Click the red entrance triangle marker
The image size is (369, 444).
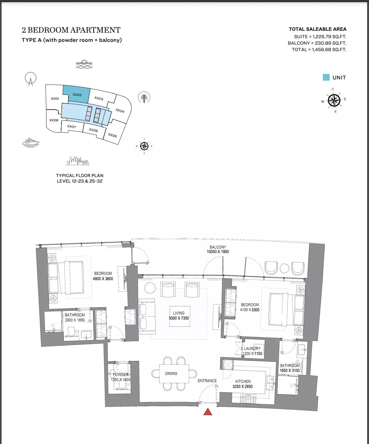coord(208,412)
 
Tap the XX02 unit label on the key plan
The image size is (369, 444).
coord(77,95)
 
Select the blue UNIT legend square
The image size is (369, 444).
coord(326,77)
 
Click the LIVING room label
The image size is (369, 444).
coord(179,313)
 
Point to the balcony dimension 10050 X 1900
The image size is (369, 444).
coord(218,252)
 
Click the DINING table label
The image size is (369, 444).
coord(171,373)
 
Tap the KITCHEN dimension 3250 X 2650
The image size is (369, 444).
coord(243,386)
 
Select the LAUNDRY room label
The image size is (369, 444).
coord(252,348)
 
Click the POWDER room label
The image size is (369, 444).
coord(121,374)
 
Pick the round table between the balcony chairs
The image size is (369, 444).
coord(284,268)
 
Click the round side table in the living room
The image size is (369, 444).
coord(150,288)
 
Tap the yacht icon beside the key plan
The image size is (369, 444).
coord(30,143)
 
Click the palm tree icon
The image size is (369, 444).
coord(144,97)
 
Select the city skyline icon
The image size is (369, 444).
coord(77,161)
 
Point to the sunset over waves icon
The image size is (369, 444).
coord(84,64)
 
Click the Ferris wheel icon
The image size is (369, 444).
coord(30,79)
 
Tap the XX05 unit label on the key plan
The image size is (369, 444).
coord(112,135)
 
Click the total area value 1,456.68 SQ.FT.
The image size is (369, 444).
coord(329,50)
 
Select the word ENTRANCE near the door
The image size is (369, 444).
coord(207,381)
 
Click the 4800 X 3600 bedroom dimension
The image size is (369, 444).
coord(103,279)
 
